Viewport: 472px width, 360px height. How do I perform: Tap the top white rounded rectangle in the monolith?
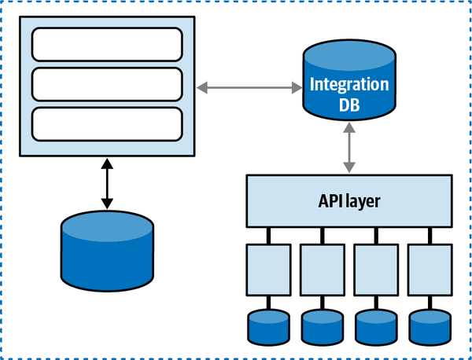107,44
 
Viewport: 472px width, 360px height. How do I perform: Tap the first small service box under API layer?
268,268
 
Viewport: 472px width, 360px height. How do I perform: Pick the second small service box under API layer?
322,268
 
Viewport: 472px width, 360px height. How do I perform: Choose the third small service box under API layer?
375,268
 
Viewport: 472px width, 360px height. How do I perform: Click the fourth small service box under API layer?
429,268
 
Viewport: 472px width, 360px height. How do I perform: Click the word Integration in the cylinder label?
348,85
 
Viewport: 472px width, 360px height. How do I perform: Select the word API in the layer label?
326,201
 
